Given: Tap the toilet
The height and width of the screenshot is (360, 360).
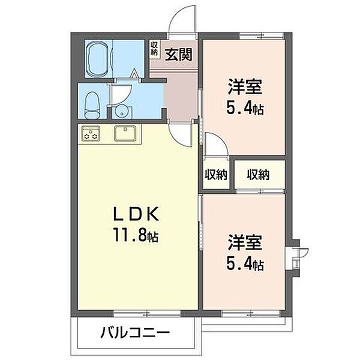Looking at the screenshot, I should point(93,106).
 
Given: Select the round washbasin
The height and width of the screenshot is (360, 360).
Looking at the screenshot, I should point(122,110).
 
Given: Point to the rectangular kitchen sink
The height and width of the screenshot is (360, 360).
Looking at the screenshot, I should point(126,133).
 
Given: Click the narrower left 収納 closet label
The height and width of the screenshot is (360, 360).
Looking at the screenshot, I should point(215,175).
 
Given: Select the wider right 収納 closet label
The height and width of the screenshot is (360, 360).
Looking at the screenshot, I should point(257,175).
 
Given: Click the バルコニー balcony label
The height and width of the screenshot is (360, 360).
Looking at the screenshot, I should point(135,332).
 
